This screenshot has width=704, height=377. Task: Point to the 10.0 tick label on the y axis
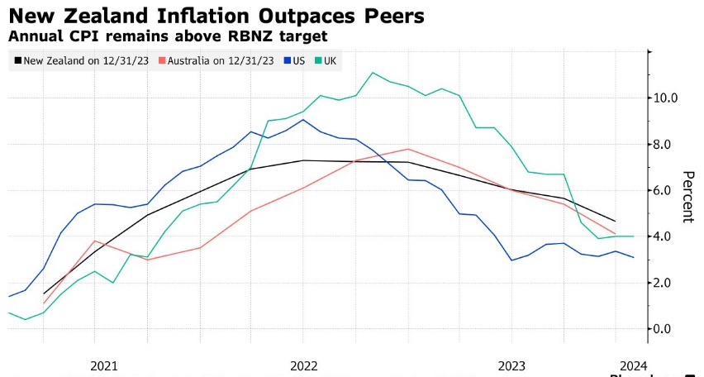(665, 98)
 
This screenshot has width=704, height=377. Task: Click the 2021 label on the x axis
(104, 365)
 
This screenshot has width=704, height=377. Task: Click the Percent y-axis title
(687, 197)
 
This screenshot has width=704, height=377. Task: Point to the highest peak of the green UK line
(373, 73)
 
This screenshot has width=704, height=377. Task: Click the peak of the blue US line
(303, 120)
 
